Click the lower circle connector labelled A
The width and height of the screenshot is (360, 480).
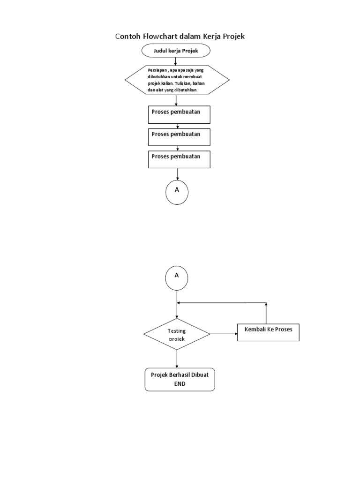coord(177,277)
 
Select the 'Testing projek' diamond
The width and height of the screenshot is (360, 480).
coord(177,334)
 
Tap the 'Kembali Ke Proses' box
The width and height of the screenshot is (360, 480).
coord(268,332)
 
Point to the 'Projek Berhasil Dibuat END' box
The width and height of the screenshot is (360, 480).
coord(180,380)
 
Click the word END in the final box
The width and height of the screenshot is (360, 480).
coord(180,383)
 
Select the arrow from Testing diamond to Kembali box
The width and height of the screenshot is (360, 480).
coord(224,334)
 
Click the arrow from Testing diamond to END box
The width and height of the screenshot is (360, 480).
coord(177,359)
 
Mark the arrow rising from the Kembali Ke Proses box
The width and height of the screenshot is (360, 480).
coord(266,313)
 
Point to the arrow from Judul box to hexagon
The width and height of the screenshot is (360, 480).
coord(176,61)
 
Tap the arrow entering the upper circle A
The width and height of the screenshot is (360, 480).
coord(178,174)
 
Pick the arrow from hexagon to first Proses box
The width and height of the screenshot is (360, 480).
coord(176,100)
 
